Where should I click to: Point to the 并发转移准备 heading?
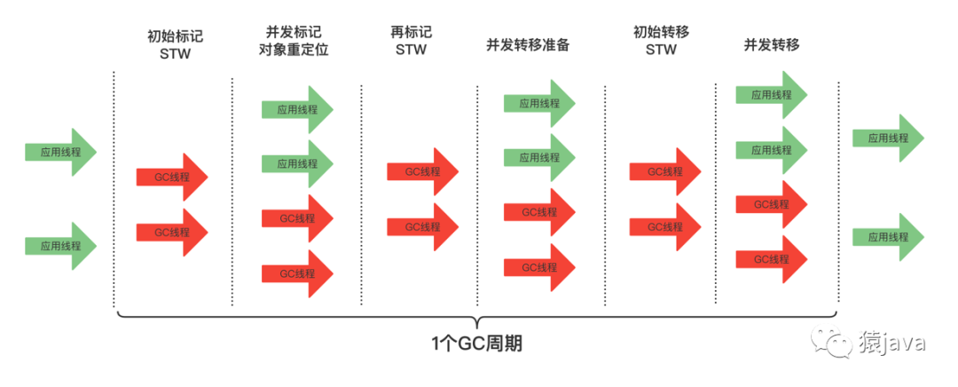click(x=528, y=44)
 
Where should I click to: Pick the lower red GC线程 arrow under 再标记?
click(x=422, y=226)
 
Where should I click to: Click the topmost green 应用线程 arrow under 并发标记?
click(x=296, y=110)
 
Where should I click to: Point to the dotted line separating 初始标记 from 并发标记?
click(x=232, y=191)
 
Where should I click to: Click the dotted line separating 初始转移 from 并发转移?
click(x=716, y=191)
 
